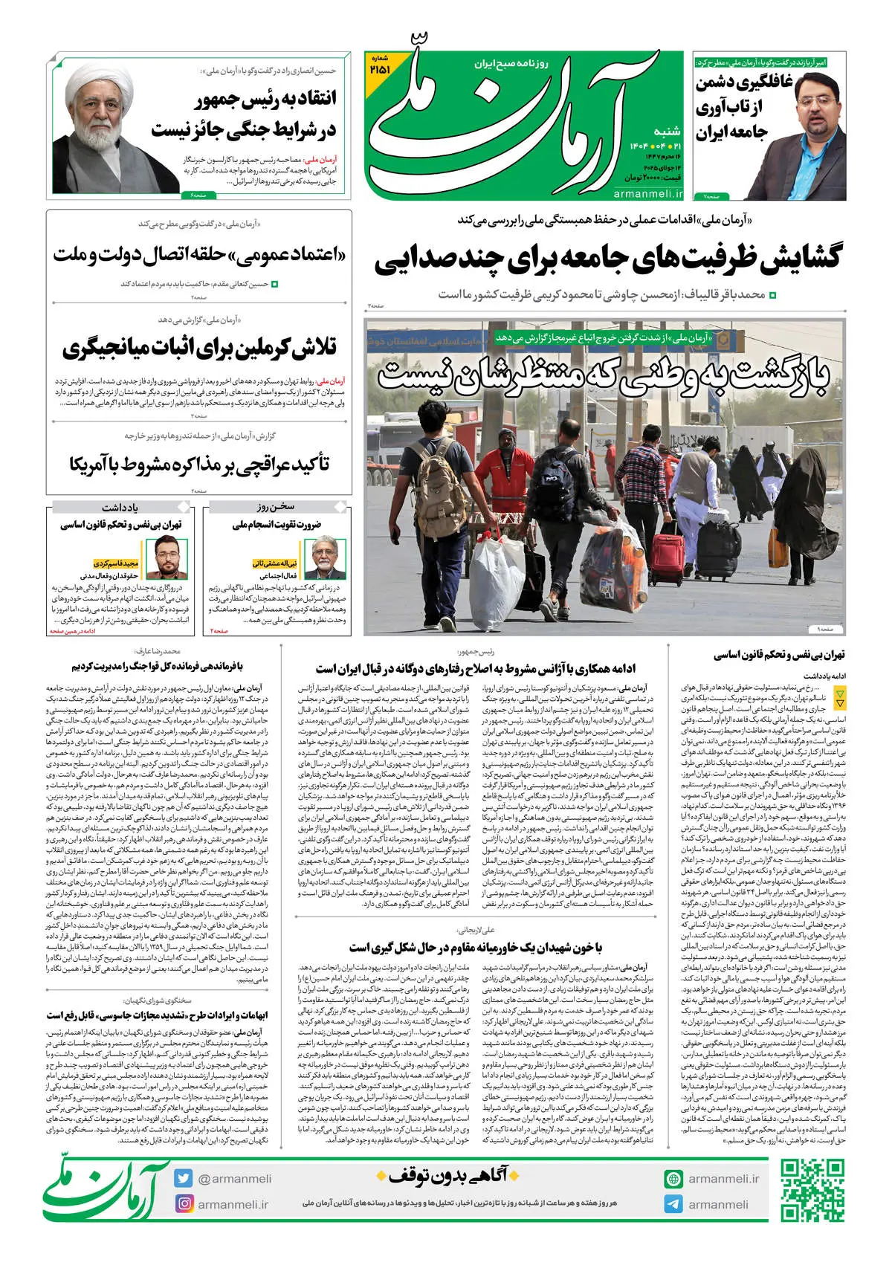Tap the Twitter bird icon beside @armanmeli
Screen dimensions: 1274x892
click(184, 1178)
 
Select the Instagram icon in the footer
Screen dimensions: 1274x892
click(184, 1203)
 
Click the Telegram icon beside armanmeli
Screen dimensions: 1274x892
click(673, 1204)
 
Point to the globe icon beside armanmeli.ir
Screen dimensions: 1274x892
click(673, 1179)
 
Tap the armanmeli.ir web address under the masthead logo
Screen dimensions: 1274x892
click(648, 193)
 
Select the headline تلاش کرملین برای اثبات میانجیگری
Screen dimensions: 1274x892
click(199, 348)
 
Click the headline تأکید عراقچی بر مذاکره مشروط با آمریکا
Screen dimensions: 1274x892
click(199, 465)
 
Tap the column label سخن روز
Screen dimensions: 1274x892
click(276, 507)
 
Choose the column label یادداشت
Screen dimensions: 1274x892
click(120, 507)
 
